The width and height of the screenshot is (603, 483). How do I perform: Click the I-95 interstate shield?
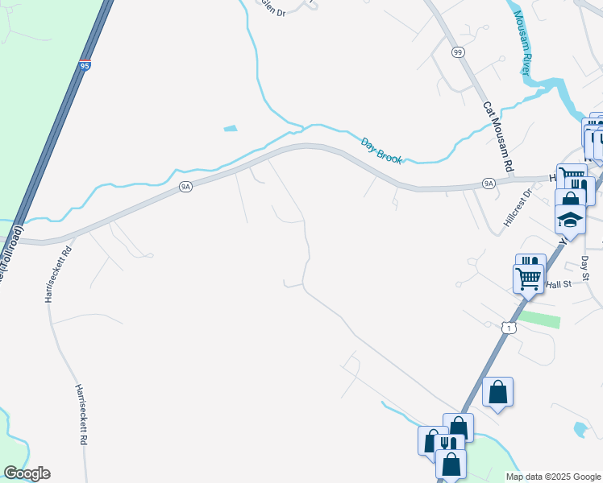85,66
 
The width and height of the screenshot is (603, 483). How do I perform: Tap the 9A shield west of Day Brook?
185,187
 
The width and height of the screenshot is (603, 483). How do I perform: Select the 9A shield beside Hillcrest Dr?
489,184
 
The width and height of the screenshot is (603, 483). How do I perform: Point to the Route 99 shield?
458,52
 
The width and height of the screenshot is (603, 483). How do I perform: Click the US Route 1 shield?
508,328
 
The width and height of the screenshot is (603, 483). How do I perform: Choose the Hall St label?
558,284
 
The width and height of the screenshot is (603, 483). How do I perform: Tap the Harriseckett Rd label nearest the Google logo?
81,415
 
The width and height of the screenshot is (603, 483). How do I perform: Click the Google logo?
27,473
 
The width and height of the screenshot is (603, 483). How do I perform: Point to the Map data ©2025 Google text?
554,477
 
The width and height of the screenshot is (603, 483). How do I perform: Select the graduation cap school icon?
570,220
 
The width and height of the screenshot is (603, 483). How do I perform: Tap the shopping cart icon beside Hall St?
529,279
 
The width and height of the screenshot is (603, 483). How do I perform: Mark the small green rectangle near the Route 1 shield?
538,320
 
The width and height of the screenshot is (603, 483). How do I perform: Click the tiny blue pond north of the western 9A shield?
231,128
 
